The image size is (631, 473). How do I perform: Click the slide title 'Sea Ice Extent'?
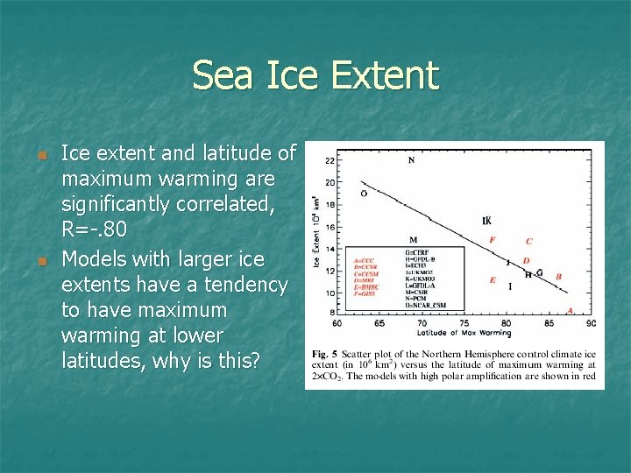click(x=315, y=75)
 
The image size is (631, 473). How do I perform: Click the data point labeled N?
click(x=412, y=160)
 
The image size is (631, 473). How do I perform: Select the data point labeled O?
click(x=364, y=194)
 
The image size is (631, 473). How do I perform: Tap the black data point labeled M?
click(x=413, y=240)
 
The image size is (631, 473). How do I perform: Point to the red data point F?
click(x=492, y=239)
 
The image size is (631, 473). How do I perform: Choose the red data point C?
click(x=528, y=241)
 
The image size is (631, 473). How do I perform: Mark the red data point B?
click(x=558, y=277)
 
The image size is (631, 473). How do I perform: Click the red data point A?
click(x=571, y=310)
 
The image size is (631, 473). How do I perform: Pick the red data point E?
click(x=493, y=280)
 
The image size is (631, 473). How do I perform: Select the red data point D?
click(x=526, y=260)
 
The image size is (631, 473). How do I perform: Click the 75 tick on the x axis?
click(x=464, y=323)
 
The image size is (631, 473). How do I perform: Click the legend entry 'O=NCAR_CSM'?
click(x=425, y=305)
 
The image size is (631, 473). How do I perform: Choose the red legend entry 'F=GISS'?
click(x=366, y=294)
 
